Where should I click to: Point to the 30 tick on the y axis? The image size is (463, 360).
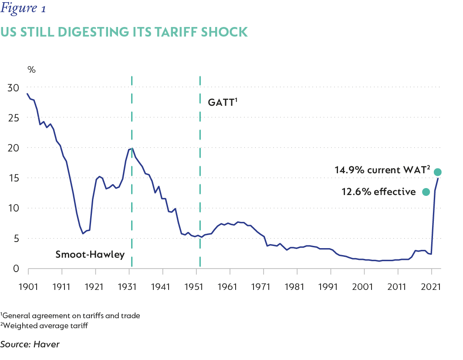[14, 88]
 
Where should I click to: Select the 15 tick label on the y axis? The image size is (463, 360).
[14, 178]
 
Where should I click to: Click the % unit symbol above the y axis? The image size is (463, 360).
[31, 70]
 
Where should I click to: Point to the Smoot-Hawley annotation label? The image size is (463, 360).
[90, 255]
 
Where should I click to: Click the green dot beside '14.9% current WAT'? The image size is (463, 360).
[438, 172]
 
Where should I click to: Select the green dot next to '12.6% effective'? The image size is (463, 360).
[426, 192]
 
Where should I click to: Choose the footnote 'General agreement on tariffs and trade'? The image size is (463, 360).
[70, 316]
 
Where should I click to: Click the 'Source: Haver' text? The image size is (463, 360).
[30, 344]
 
